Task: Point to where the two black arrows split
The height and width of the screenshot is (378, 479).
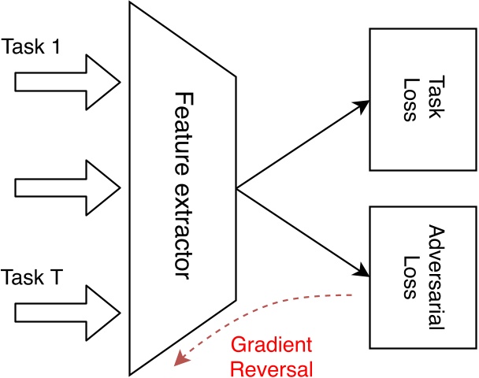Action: (237, 189)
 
